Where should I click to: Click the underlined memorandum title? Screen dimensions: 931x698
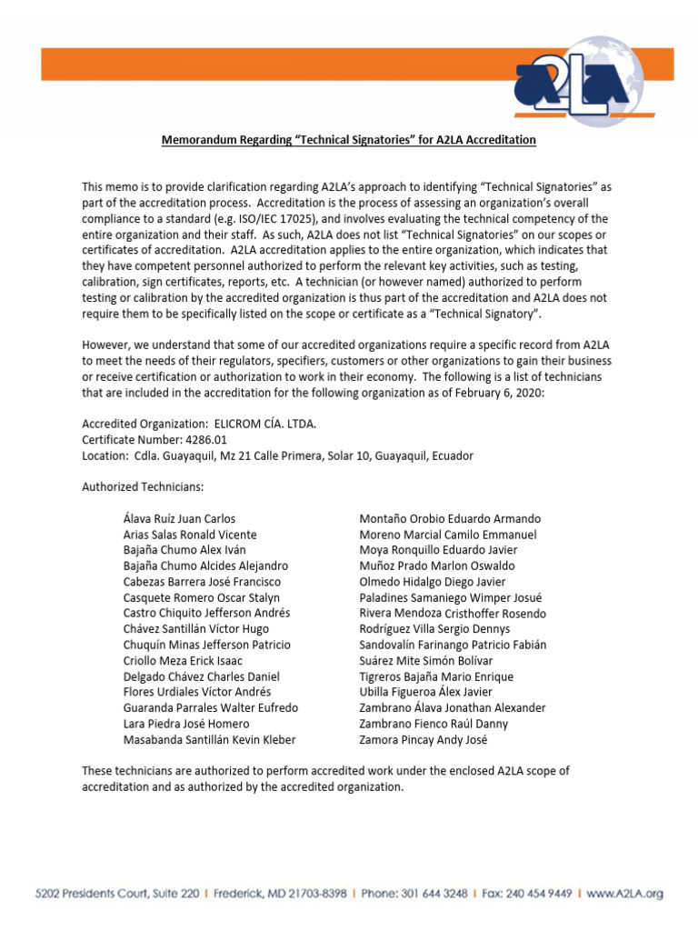[348, 140]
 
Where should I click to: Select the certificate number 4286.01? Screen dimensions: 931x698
[203, 439]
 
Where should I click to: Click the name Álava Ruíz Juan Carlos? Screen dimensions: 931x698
[179, 519]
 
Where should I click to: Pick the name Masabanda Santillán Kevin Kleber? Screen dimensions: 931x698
[209, 740]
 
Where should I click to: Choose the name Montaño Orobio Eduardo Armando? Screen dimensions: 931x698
[450, 519]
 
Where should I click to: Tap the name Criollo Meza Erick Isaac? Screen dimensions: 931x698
[183, 661]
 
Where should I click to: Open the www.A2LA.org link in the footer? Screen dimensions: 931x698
[626, 894]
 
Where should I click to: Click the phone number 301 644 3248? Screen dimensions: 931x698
[444, 894]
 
